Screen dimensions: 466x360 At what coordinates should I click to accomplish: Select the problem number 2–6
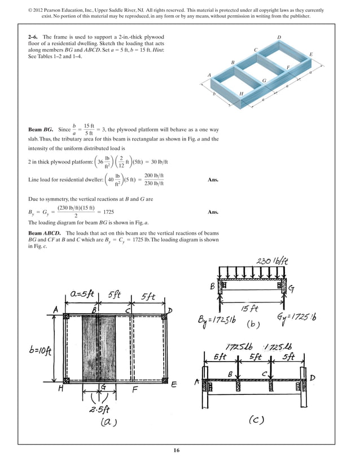[x=34, y=37]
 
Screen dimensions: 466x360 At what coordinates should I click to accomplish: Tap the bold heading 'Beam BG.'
[x=41, y=130]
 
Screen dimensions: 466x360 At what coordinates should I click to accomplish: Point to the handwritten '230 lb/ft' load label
[x=273, y=262]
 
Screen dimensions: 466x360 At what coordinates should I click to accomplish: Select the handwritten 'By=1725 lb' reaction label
[x=217, y=320]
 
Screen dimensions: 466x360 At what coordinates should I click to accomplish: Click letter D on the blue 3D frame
[x=279, y=37]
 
